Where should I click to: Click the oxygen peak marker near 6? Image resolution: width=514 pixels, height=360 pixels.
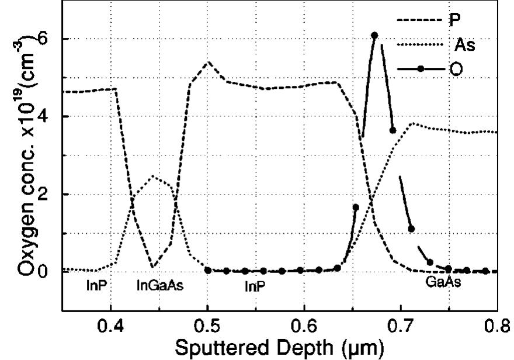[x=374, y=35]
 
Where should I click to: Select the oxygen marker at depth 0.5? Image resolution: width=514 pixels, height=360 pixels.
[x=207, y=271]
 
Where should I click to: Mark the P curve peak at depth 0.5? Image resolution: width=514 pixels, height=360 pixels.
[x=207, y=61]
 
